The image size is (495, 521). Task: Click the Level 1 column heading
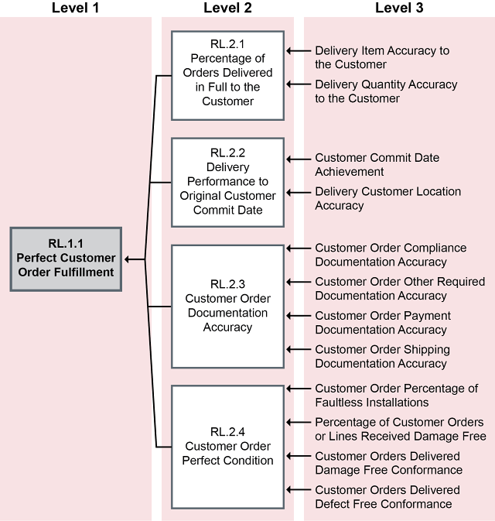pos(77,9)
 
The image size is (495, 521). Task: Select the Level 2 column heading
pos(228,9)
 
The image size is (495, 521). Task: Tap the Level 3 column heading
pos(398,9)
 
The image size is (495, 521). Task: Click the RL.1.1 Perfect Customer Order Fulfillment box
pos(66,259)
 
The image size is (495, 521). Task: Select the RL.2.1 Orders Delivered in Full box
pos(228,75)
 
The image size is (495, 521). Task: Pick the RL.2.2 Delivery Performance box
pos(228,182)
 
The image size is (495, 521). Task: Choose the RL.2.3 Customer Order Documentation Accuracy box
pos(228,306)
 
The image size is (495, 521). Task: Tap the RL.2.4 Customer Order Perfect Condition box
pos(228,447)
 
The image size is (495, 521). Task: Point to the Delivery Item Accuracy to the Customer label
pos(382,57)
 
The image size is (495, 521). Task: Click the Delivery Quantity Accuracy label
pos(386,91)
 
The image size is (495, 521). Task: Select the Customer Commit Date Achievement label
pos(377,164)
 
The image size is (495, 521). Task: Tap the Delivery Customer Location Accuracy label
pos(387,198)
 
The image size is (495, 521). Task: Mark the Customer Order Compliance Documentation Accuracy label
pos(391,255)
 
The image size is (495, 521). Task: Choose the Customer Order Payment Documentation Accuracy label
pos(383,323)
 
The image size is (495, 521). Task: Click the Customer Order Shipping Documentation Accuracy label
pos(382,357)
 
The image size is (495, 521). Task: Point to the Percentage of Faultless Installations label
pos(396,396)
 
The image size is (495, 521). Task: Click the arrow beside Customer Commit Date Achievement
pos(296,159)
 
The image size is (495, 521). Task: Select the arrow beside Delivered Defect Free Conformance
pos(296,490)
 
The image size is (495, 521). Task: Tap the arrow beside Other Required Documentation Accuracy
pos(296,282)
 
